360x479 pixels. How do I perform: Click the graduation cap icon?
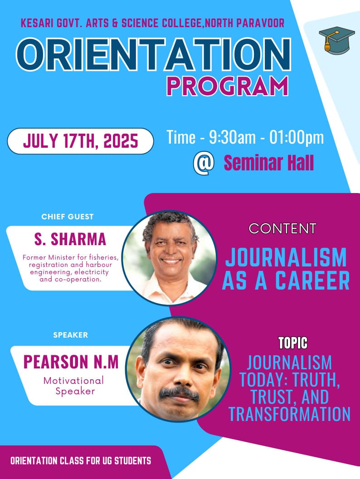336,41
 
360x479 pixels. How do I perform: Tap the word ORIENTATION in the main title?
153,55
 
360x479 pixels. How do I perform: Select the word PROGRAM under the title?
228,86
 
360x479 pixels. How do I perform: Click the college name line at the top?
152,23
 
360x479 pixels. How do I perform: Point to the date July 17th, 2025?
81,141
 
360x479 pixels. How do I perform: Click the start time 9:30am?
232,137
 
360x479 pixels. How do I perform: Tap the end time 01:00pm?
297,137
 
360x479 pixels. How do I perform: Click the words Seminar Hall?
269,163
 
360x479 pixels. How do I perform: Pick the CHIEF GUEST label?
68,217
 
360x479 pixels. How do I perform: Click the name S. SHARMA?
70,239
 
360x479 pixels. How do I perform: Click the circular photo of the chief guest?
169,258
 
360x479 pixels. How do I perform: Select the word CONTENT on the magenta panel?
282,228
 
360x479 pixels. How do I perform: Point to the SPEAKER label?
71,335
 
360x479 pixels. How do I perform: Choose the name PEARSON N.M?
71,362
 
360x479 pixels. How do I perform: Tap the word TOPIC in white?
293,343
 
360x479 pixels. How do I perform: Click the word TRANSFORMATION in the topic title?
289,414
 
